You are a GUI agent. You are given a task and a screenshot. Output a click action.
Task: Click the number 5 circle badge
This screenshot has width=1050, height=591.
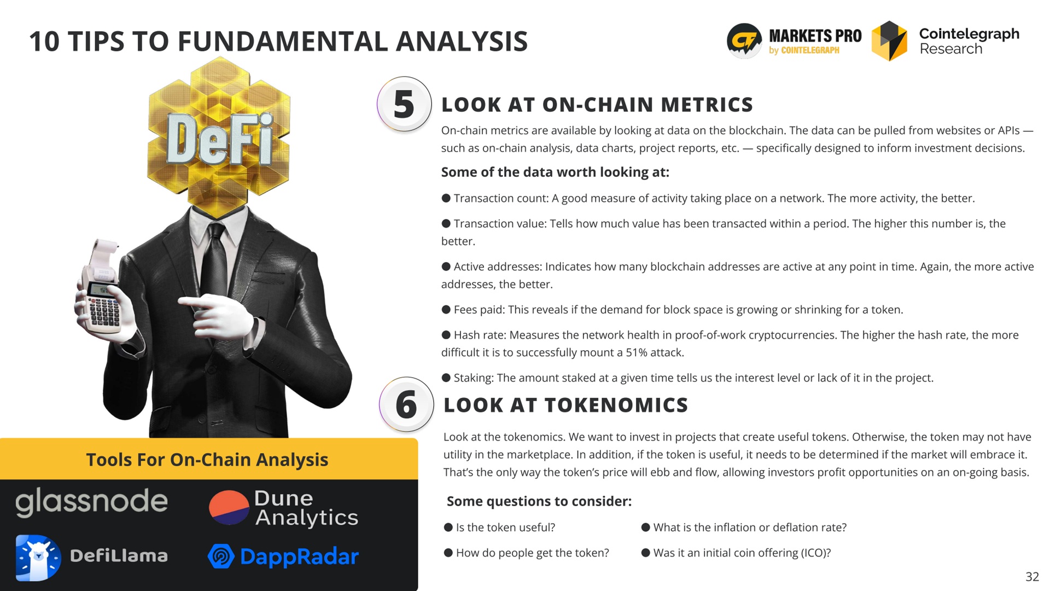pos(404,104)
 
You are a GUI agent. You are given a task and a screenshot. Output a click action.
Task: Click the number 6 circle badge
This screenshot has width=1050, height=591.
pos(406,404)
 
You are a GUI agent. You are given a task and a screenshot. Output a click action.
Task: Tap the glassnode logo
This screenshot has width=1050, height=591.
pos(91,501)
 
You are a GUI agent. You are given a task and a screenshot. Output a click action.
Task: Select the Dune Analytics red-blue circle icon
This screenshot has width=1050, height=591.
pos(229,507)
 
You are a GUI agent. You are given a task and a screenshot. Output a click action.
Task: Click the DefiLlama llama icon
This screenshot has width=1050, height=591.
pos(38,557)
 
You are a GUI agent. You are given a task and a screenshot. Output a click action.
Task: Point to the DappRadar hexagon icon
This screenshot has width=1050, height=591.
pos(221,557)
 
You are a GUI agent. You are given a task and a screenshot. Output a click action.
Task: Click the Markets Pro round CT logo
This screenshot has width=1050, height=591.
pos(744,40)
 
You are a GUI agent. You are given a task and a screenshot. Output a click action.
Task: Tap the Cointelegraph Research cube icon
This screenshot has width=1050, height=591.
pos(889,41)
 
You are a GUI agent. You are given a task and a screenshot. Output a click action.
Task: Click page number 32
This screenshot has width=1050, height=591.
pos(1032,576)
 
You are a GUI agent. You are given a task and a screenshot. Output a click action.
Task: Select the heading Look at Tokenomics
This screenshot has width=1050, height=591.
pos(565,405)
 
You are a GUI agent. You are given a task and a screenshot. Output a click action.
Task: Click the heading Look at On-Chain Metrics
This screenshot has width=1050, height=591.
pos(597,105)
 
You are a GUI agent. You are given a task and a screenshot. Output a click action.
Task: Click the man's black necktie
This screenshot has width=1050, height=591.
pos(214,263)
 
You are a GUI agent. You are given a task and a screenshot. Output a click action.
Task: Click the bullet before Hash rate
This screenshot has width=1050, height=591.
pos(446,335)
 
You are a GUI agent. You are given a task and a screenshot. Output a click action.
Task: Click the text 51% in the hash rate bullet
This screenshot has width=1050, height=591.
pos(637,352)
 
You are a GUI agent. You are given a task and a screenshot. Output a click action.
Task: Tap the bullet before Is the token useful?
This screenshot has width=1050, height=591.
pos(448,528)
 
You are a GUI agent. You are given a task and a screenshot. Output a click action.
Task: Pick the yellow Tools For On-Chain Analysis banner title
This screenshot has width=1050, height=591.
pos(207,460)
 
